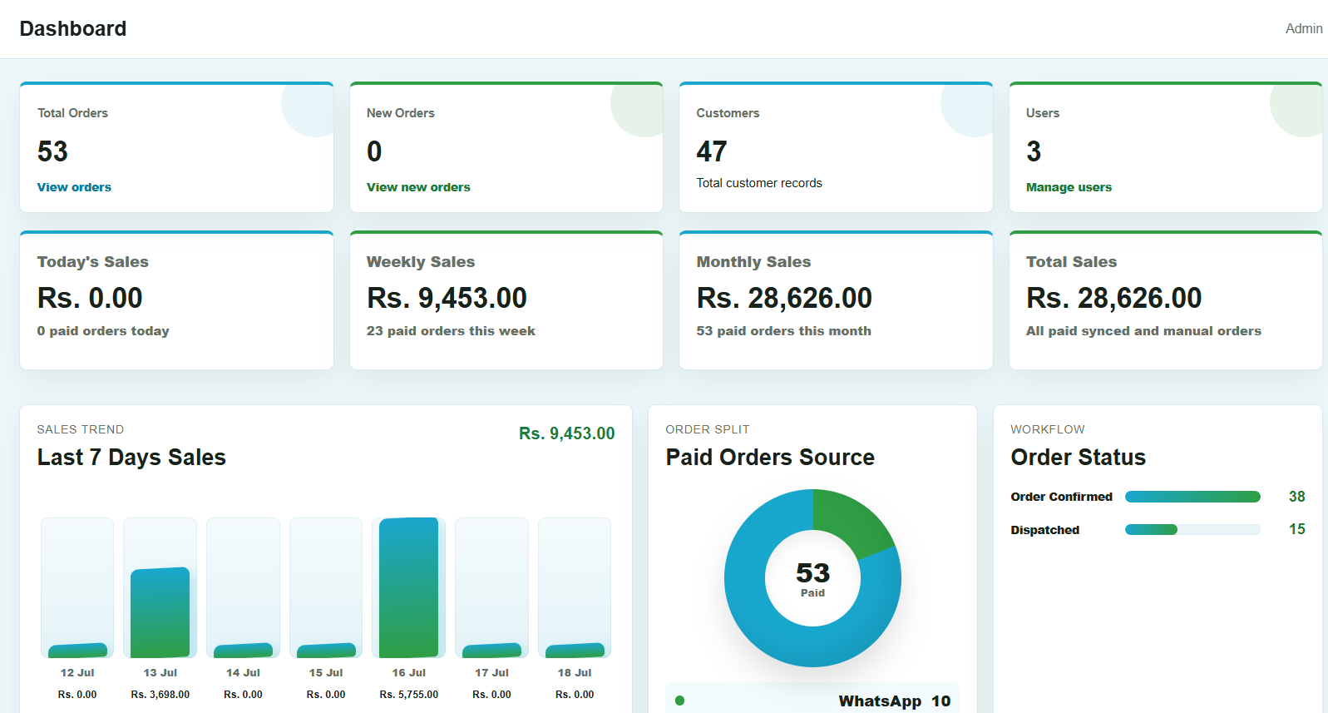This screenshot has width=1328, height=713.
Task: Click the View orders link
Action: point(74,187)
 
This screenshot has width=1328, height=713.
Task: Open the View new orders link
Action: point(418,187)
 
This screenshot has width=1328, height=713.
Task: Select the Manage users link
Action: point(1069,187)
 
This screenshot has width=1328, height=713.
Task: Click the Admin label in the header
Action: point(1304,28)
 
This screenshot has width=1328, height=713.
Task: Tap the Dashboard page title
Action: point(73,28)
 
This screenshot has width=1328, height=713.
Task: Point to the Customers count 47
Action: point(712,151)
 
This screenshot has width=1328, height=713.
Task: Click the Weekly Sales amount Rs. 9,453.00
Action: point(447,298)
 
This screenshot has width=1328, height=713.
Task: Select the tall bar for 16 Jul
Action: point(408,587)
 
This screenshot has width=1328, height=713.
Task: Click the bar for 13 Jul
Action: point(160,612)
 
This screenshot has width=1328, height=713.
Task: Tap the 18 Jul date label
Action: point(575,673)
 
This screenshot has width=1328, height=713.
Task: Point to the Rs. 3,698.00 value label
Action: point(160,694)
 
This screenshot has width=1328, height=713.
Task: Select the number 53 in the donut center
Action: point(812,572)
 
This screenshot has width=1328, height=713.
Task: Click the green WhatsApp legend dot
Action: point(680,701)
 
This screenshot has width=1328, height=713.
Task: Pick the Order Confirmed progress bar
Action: point(1192,497)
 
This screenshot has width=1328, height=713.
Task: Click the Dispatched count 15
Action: point(1297,529)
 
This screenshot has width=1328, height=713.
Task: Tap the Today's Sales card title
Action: point(92,261)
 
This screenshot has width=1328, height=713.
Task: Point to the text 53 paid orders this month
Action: point(784,331)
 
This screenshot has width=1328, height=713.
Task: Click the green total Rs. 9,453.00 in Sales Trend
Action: point(567,433)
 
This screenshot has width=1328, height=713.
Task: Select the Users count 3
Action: point(1034,151)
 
